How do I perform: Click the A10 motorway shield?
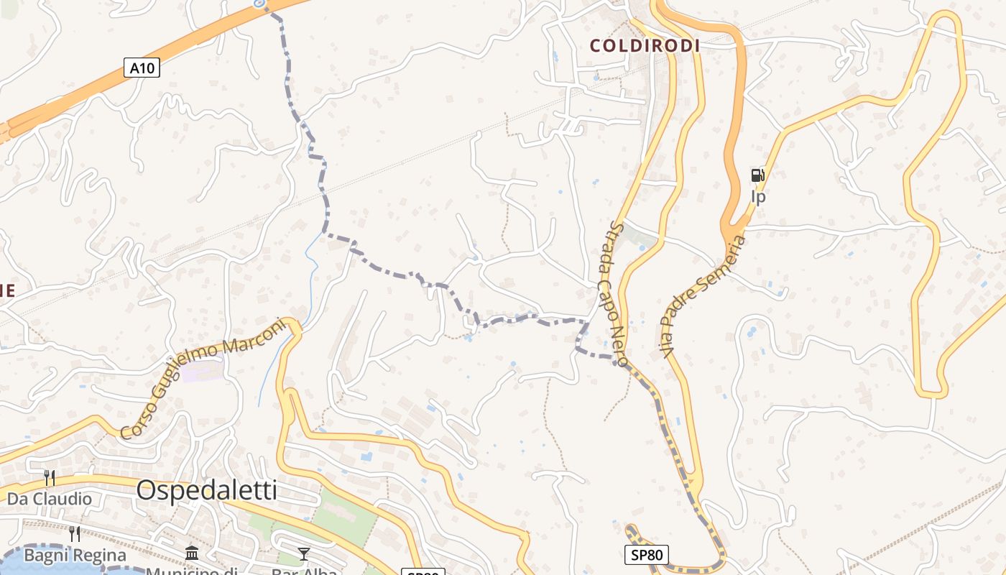142,68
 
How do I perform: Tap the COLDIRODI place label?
645,46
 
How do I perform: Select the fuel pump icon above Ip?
757,175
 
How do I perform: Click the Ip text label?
758,196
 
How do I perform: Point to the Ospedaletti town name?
206,490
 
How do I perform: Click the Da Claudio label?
50,498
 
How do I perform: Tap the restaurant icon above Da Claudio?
50,477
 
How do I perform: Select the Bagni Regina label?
75,555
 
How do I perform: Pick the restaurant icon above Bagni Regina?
75,534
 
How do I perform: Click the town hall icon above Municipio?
192,553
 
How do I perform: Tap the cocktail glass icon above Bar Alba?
304,553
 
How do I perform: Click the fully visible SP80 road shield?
646,554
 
